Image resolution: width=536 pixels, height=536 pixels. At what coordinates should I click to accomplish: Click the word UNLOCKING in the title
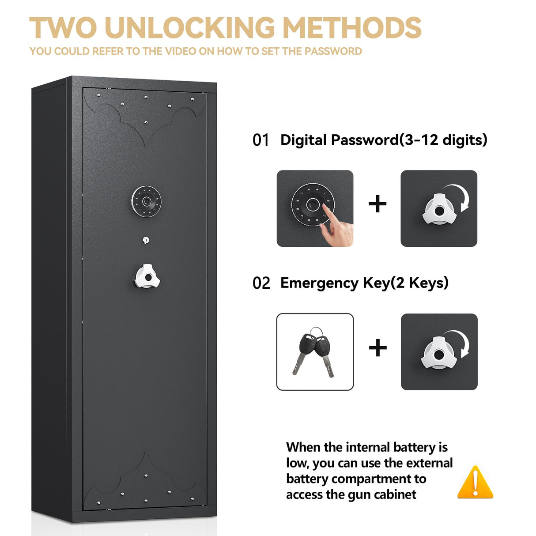tap(190, 28)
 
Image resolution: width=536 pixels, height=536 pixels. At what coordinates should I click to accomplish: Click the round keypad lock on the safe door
tap(146, 202)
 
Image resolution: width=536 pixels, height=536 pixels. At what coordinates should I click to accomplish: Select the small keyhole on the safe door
tap(146, 240)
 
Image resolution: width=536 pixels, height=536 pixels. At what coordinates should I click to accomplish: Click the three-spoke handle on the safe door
tap(147, 276)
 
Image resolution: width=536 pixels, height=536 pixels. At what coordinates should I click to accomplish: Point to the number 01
tap(261, 140)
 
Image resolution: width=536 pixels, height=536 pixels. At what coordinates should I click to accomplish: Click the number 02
tap(261, 283)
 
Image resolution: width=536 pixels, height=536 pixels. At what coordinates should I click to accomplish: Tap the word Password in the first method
tap(365, 140)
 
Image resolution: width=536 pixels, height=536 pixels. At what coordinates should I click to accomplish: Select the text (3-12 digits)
tap(443, 140)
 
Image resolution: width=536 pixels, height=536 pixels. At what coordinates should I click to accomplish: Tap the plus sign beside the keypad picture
tap(377, 204)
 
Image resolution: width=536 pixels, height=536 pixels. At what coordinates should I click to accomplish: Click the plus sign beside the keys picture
tap(378, 348)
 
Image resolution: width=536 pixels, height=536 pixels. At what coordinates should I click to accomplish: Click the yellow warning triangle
tap(475, 483)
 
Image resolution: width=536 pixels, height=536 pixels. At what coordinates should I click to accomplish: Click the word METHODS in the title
tap(352, 28)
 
